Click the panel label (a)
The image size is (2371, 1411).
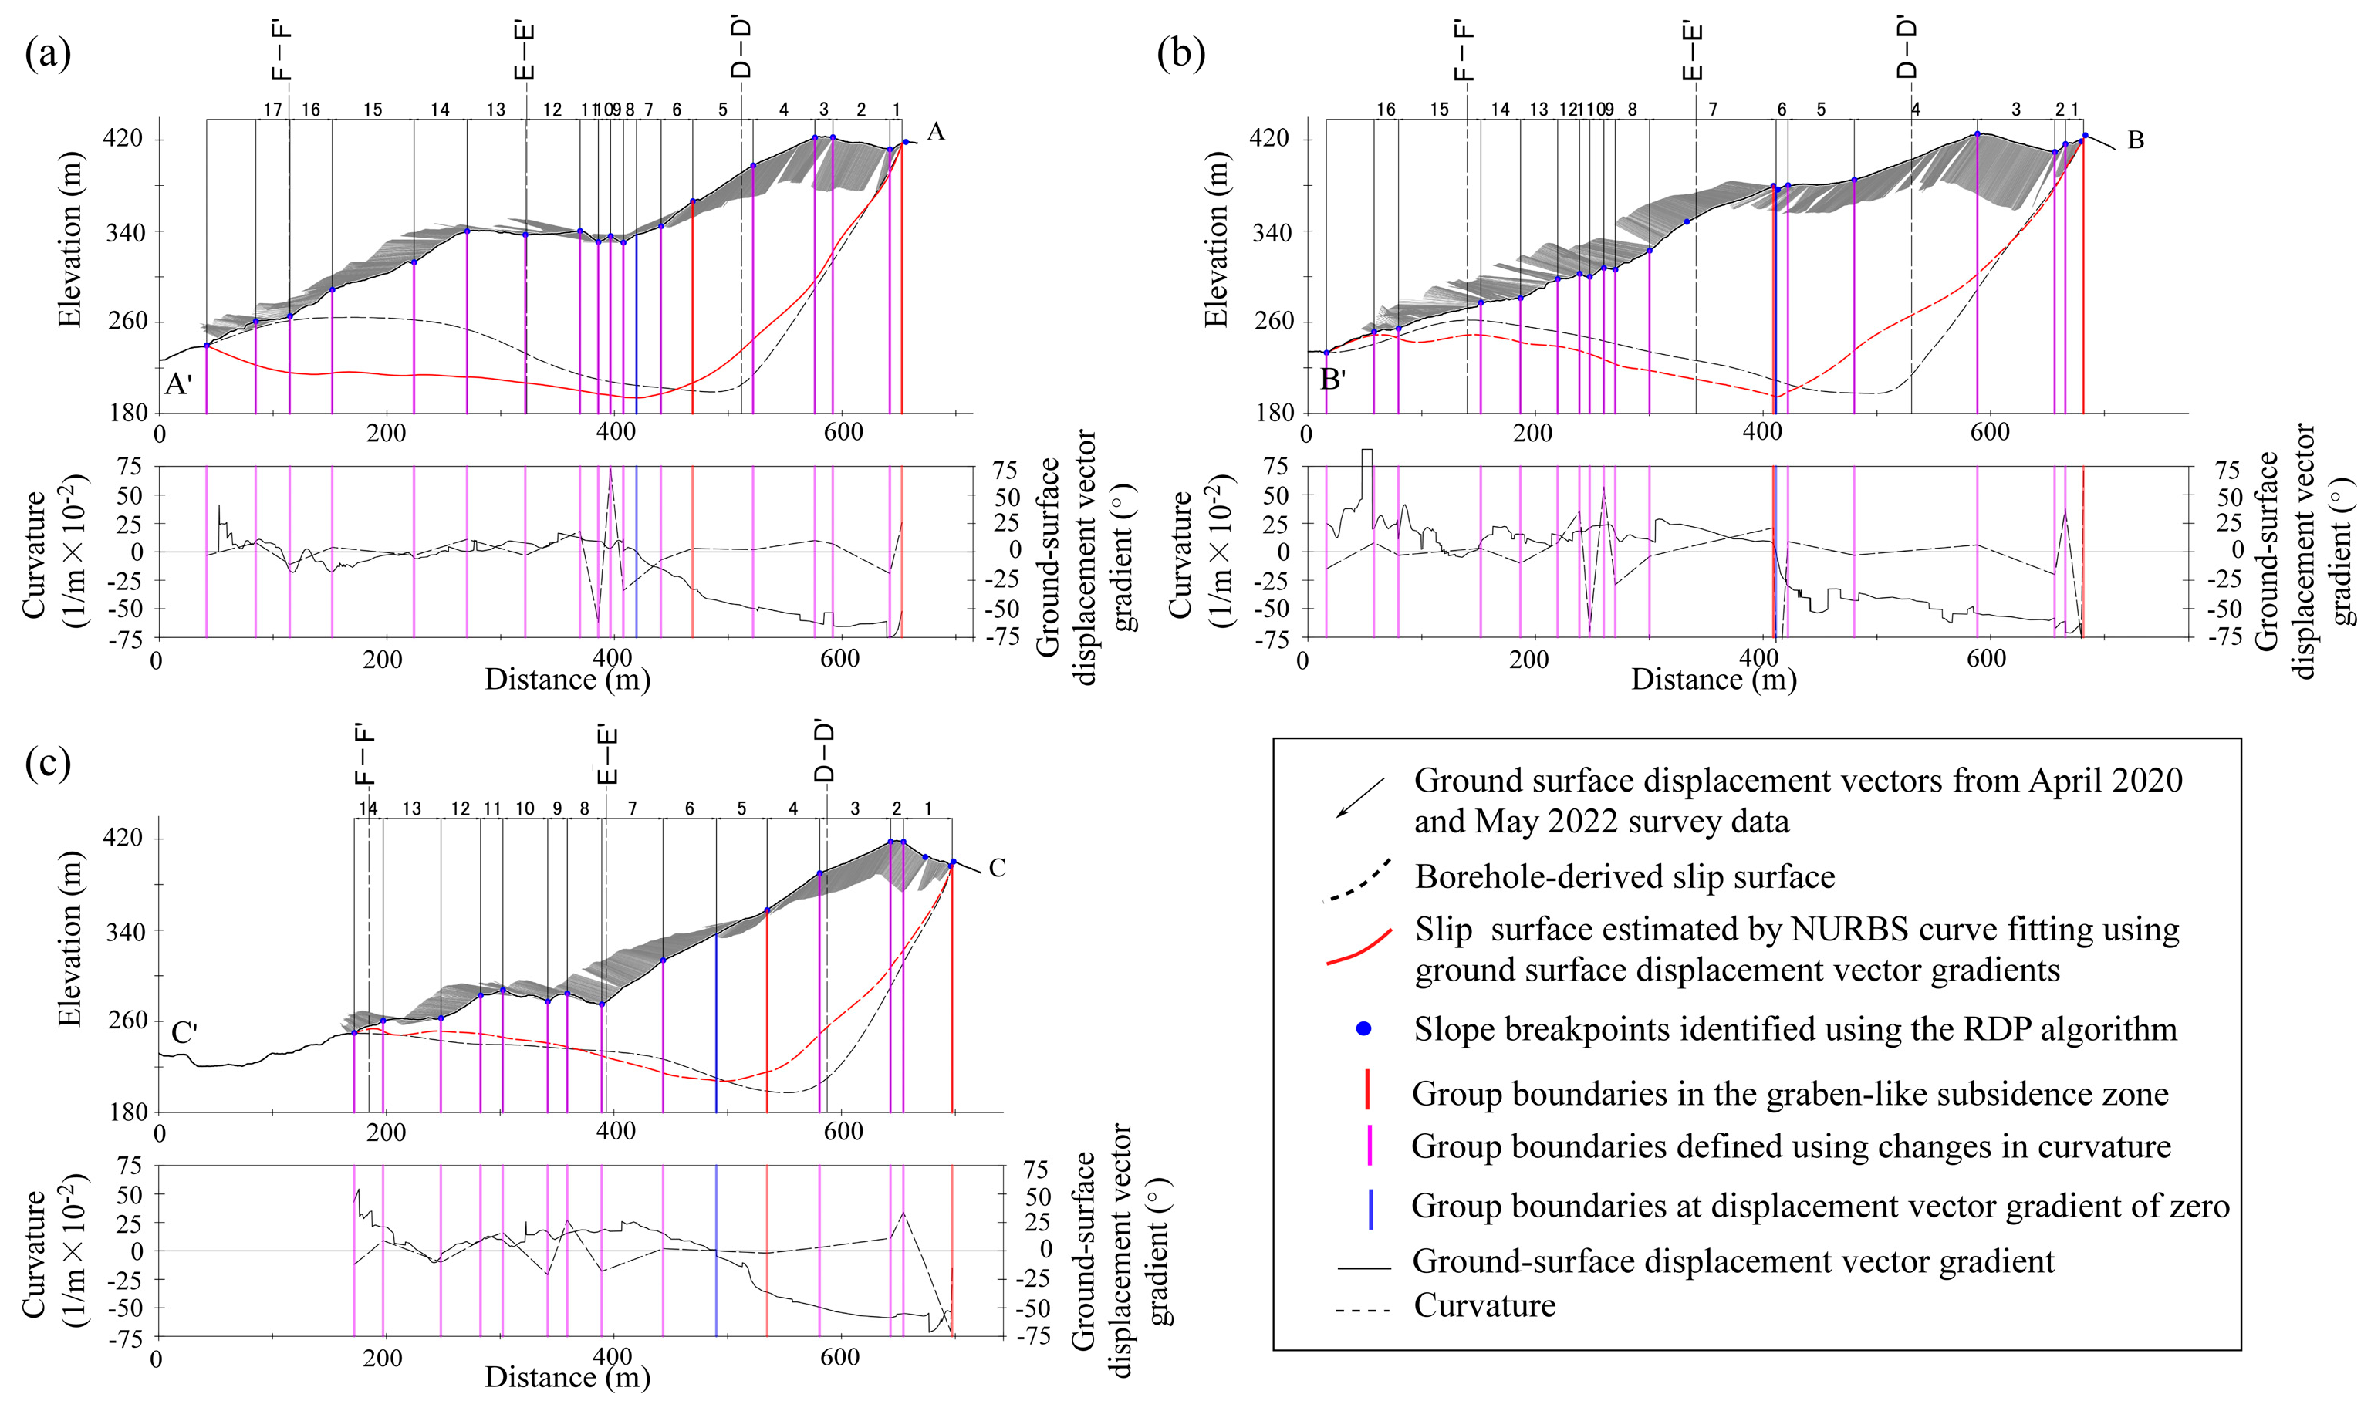coord(48,54)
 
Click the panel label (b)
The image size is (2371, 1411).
coord(1180,54)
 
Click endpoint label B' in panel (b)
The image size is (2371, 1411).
coord(1332,380)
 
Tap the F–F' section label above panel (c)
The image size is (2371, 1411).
coord(364,756)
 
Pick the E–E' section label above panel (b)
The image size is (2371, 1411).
coord(1691,52)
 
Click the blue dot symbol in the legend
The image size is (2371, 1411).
coord(1363,1029)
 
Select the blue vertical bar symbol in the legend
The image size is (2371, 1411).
coord(1370,1207)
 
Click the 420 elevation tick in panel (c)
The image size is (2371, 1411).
coord(123,839)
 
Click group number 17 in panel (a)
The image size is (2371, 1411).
coord(273,110)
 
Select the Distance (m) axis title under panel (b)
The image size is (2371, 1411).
coord(1713,679)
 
